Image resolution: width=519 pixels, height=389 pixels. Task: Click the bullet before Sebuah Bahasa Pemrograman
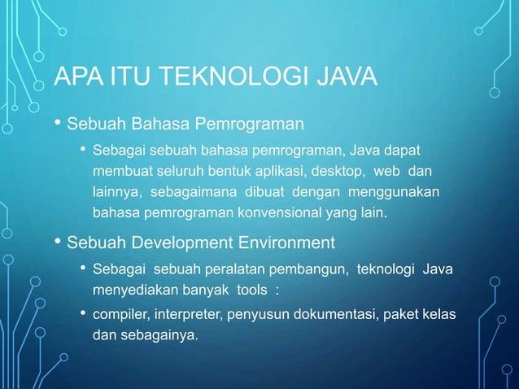pyautogui.click(x=57, y=125)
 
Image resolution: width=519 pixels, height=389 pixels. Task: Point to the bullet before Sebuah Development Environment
pyautogui.click(x=57, y=243)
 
